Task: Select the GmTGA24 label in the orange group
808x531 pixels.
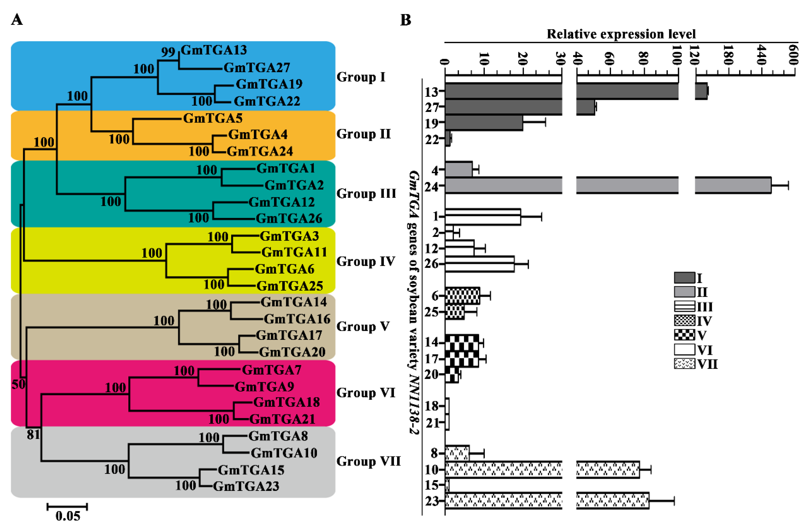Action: coord(260,151)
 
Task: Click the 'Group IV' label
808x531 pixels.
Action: coord(366,261)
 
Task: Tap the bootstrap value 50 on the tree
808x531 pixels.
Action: coord(19,384)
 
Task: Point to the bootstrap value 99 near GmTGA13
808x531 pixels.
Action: coord(168,52)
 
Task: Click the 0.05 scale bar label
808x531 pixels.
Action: coord(68,516)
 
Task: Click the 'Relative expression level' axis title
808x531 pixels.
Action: coord(621,34)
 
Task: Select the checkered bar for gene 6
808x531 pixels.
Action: coord(462,296)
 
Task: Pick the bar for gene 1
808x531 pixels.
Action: coord(482,217)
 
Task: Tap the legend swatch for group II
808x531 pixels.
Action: coord(684,292)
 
